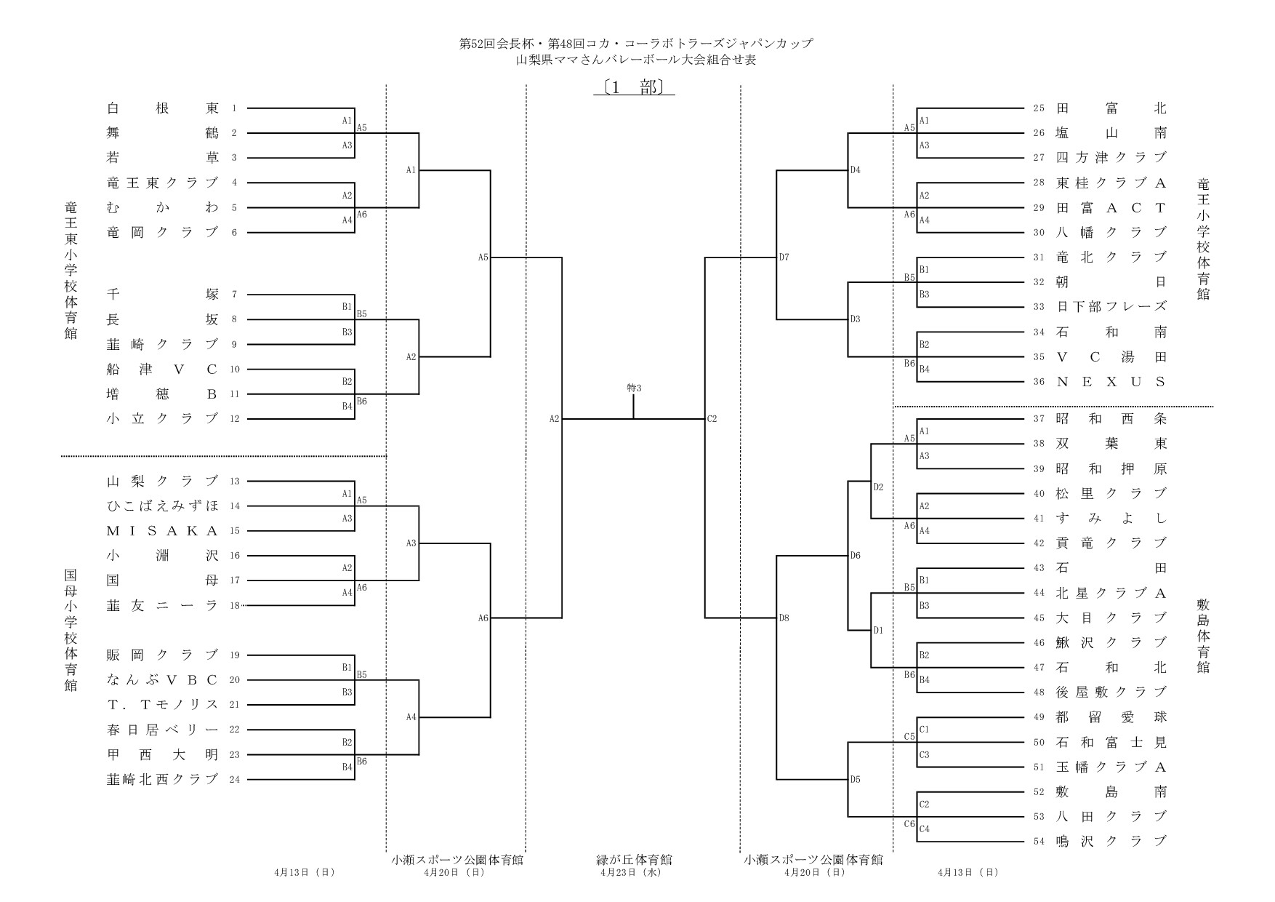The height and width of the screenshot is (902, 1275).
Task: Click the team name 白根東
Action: [x=162, y=108]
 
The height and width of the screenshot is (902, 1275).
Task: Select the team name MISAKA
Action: [x=162, y=531]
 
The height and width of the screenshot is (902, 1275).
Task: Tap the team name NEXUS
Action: [x=1111, y=382]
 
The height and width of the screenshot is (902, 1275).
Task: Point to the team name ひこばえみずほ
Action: [x=162, y=506]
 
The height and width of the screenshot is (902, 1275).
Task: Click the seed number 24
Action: [x=235, y=780]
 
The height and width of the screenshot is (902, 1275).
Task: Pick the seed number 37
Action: [x=1039, y=419]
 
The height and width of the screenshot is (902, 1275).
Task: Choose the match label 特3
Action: [x=634, y=388]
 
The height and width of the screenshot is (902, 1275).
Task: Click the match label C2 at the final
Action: [x=712, y=419]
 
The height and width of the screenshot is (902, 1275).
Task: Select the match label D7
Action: [x=784, y=258]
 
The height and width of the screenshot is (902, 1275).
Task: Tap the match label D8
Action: [x=784, y=618]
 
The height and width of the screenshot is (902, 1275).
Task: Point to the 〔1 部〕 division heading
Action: [x=634, y=88]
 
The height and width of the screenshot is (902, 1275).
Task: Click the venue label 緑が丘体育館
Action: [x=634, y=860]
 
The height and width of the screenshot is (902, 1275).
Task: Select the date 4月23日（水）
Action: [x=634, y=872]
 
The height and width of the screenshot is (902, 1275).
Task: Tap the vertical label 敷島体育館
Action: [x=1203, y=635]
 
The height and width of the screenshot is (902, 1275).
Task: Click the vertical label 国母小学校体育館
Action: [x=71, y=629]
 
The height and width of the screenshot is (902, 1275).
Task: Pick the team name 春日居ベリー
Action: [x=162, y=730]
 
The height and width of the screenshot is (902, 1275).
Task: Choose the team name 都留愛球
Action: [x=1111, y=717]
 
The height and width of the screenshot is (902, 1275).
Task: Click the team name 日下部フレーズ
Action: [x=1111, y=307]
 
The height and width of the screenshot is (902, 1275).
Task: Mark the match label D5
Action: [x=855, y=780]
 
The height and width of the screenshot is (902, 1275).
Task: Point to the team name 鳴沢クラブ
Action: [x=1111, y=842]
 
